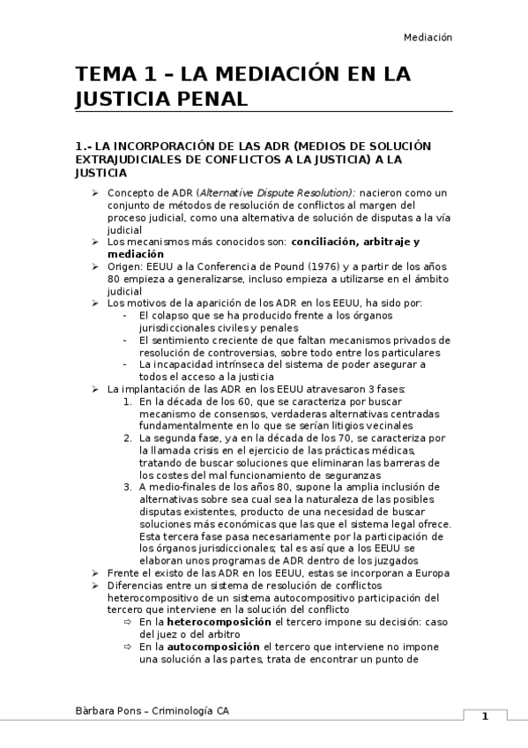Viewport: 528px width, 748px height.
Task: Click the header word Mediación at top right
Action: tap(428, 38)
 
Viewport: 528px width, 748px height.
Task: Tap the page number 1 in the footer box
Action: tap(484, 716)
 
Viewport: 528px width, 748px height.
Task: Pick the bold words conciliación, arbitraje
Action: tap(364, 241)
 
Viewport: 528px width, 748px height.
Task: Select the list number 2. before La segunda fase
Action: tap(129, 438)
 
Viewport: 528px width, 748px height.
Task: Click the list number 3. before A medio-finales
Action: tap(129, 486)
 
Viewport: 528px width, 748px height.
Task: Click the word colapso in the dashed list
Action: tap(171, 316)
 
